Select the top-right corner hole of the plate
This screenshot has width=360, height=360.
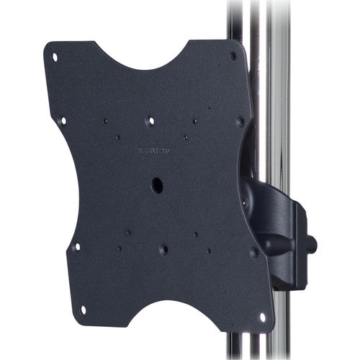[x=233, y=55]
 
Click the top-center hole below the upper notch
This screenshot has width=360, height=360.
[x=150, y=121]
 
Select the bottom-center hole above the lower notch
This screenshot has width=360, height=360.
[x=164, y=249]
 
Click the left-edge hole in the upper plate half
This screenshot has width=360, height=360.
[x=63, y=121]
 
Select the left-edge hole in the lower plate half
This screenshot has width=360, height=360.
[x=77, y=246]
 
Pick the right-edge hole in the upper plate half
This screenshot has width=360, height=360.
[x=240, y=121]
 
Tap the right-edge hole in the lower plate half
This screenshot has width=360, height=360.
[x=253, y=252]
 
